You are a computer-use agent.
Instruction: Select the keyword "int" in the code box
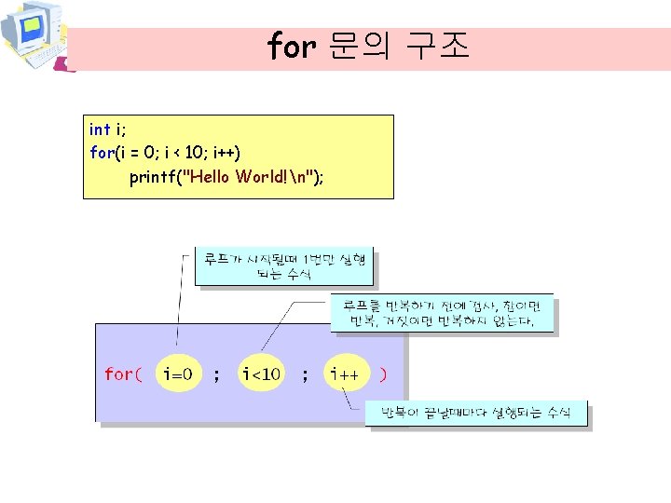click(99, 129)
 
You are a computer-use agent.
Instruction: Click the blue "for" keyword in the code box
click(101, 152)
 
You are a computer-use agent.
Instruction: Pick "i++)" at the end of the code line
click(234, 152)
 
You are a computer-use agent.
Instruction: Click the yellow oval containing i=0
click(178, 374)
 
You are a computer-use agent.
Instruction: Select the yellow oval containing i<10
click(261, 374)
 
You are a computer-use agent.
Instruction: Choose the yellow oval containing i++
click(346, 374)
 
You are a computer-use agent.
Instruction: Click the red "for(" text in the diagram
click(123, 374)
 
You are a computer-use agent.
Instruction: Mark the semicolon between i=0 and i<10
click(217, 374)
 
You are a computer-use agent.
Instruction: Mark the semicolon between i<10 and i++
click(304, 374)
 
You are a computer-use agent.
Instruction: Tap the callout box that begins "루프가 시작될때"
click(283, 265)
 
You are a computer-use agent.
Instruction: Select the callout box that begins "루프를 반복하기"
click(442, 313)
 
